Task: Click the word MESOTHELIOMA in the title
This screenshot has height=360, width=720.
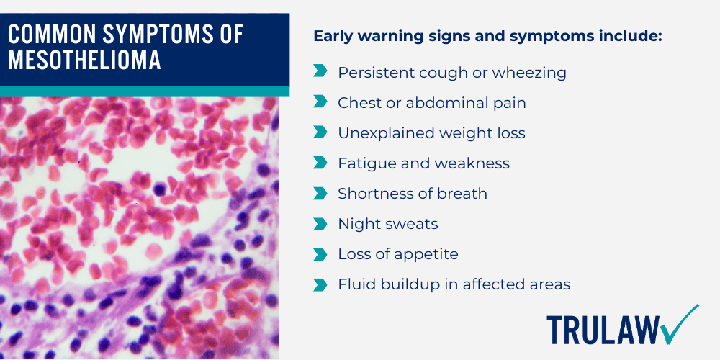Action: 84,60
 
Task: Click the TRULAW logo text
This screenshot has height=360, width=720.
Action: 603,329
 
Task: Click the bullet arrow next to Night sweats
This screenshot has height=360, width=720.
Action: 320,224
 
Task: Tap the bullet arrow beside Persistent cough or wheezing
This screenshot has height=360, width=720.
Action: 320,73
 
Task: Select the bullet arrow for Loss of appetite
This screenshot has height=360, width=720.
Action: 320,254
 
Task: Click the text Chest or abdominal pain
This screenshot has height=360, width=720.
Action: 431,103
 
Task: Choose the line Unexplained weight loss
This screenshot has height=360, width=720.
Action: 431,133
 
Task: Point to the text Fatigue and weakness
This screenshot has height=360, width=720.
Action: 423,163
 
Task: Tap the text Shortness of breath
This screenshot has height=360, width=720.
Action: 413,194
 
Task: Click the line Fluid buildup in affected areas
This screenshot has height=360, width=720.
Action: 454,284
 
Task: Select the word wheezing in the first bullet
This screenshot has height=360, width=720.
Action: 533,73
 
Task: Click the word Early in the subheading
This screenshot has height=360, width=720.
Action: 333,35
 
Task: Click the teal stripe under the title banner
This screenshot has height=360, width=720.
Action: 144,91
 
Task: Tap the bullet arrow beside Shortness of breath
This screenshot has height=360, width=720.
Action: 320,194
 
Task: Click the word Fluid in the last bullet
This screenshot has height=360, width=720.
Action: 355,284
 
